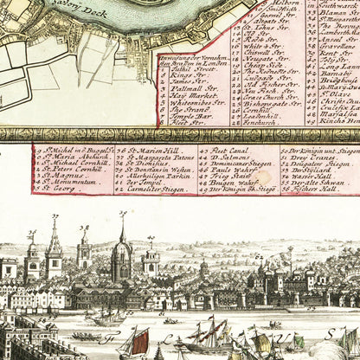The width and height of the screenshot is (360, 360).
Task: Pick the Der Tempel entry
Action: pyautogui.click(x=142, y=181)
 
